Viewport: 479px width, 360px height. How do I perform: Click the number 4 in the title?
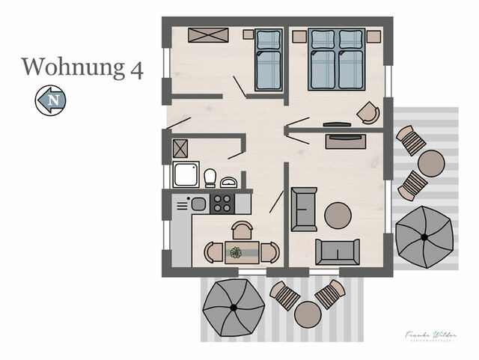tap(135, 67)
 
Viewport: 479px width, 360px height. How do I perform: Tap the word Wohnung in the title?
tap(70, 67)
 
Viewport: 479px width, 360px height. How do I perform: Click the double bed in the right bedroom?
tap(336, 59)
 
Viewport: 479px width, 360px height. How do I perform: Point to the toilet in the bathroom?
tap(210, 178)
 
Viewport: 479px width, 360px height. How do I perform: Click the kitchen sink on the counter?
tap(198, 203)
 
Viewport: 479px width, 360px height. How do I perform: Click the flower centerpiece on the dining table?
tap(237, 252)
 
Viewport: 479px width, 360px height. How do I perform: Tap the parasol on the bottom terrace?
tap(233, 307)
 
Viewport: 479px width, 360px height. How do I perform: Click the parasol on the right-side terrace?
tap(424, 237)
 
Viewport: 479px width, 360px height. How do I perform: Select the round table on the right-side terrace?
tap(430, 162)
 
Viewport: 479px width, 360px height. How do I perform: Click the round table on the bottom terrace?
tap(308, 314)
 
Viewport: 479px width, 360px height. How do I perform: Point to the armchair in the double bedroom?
tap(367, 112)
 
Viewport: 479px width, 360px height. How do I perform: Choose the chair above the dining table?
tap(242, 231)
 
